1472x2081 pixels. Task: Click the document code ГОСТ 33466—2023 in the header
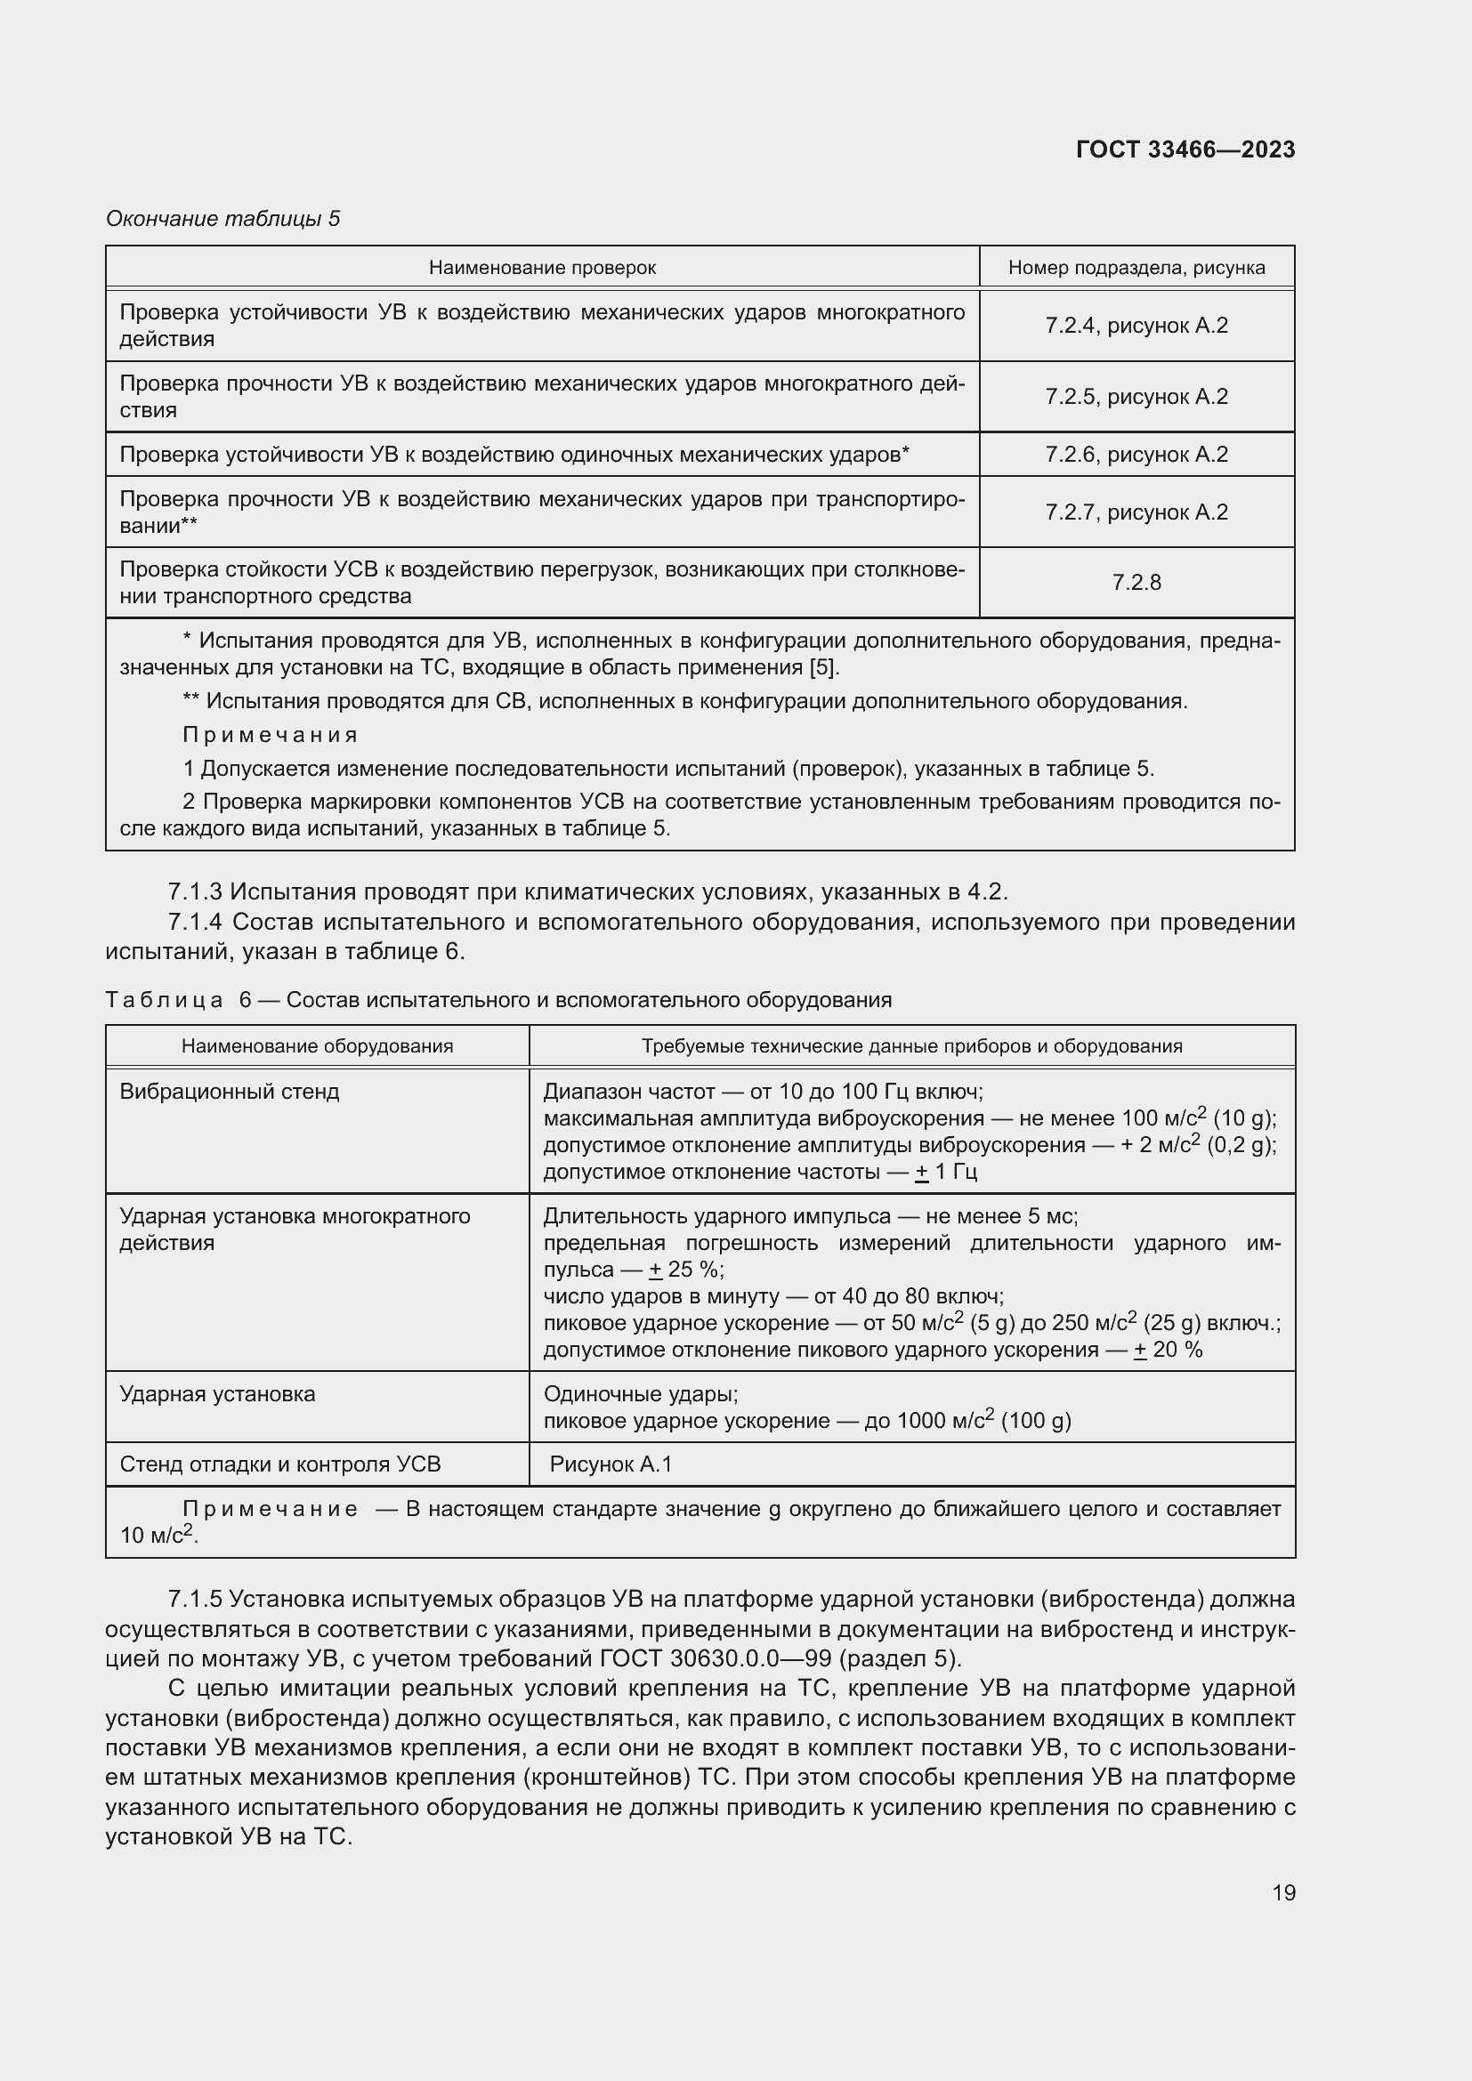click(1185, 149)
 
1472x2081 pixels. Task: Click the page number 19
click(1283, 1892)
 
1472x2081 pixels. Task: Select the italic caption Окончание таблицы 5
click(223, 219)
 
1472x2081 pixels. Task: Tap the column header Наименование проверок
click(542, 269)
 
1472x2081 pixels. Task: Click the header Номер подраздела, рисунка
click(1136, 269)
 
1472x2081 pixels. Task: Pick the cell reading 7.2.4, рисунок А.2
click(1136, 326)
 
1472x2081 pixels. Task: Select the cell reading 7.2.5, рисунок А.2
click(1136, 397)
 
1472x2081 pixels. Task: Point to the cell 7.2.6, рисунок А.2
click(1136, 454)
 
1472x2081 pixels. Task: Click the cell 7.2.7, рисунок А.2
click(1136, 512)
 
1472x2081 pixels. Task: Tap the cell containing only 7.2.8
click(1136, 583)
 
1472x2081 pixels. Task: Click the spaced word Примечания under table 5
click(271, 735)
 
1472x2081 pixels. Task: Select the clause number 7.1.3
click(195, 891)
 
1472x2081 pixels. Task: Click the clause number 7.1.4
click(195, 922)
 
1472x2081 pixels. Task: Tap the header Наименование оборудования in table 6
click(317, 1046)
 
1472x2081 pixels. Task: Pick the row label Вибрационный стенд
click(230, 1092)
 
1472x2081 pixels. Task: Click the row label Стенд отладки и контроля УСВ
click(280, 1464)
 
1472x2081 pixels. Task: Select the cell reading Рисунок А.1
click(611, 1464)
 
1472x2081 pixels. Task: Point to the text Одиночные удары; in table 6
click(640, 1394)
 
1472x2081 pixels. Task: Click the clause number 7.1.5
click(195, 1599)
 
